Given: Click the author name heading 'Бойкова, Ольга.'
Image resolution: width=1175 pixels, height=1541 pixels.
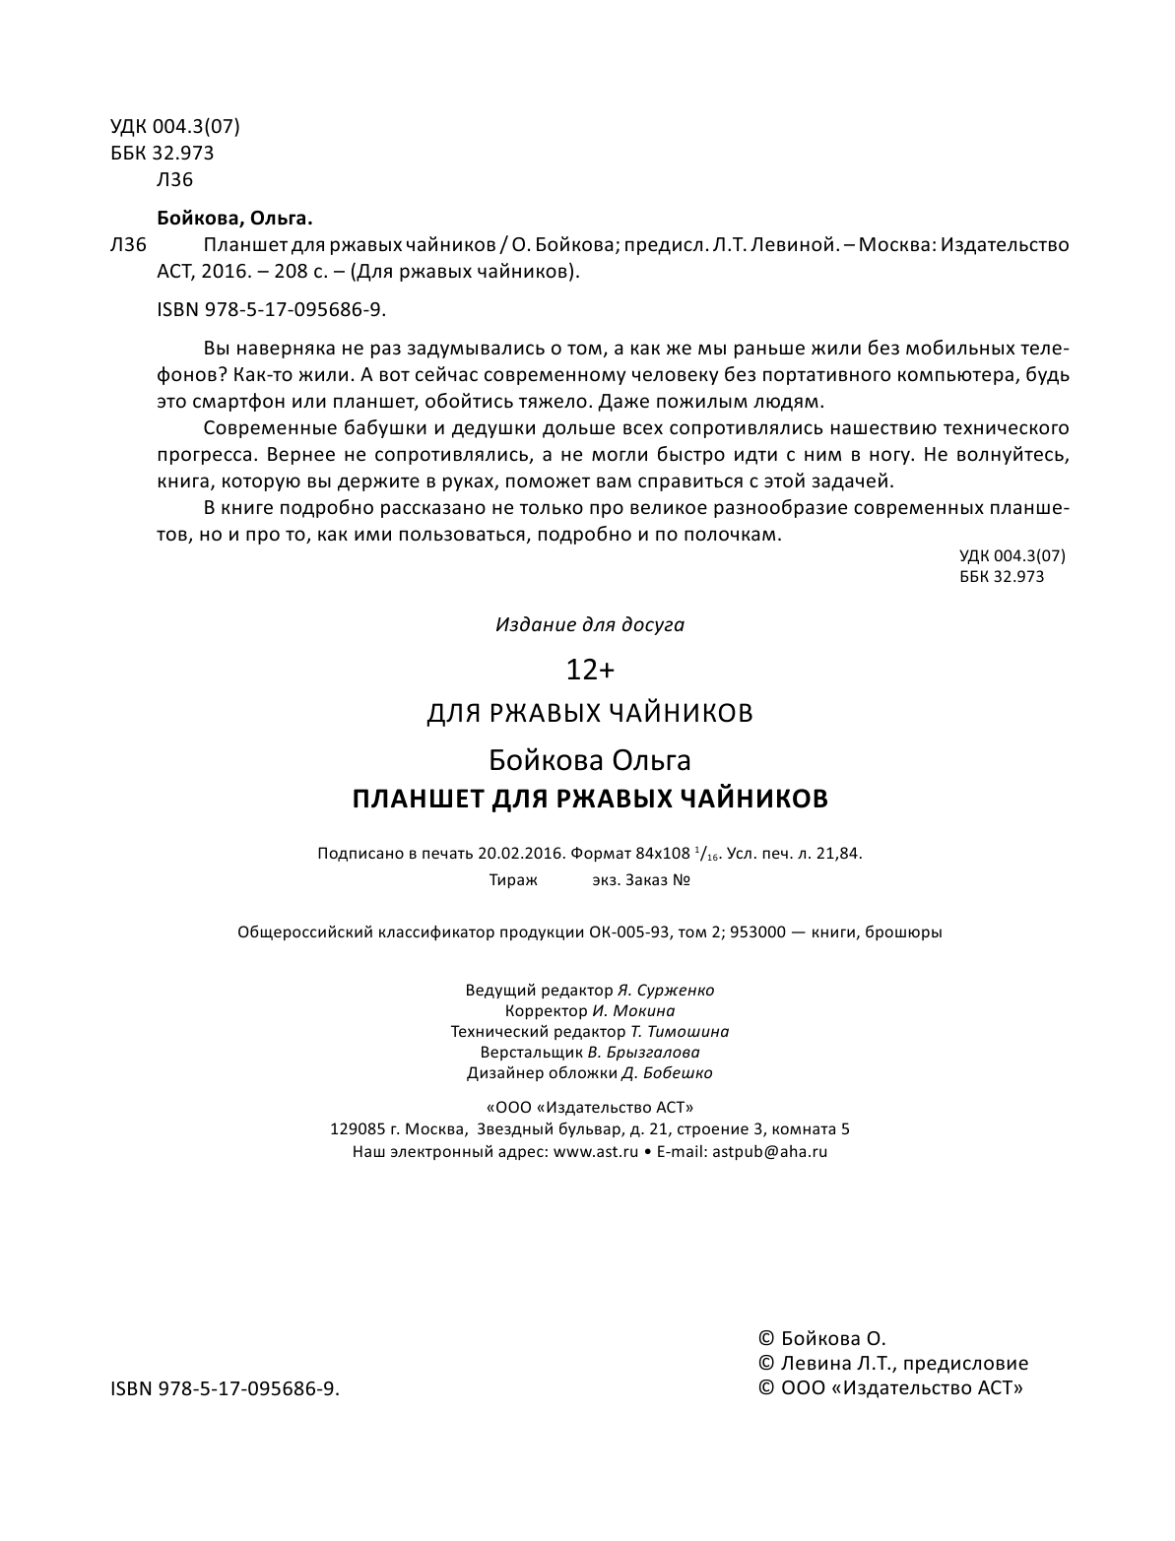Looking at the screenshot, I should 233,218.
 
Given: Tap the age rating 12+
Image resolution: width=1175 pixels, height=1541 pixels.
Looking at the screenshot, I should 589,671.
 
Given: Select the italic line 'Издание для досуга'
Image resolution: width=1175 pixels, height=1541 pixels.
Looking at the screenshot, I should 589,624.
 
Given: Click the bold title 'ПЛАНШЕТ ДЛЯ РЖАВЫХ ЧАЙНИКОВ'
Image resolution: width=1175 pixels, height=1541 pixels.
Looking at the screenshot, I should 590,799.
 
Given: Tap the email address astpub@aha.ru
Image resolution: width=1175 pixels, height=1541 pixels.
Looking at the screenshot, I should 769,1151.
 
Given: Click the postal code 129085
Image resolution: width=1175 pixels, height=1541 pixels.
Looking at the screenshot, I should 359,1129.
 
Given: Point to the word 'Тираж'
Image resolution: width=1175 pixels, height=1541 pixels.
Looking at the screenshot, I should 513,880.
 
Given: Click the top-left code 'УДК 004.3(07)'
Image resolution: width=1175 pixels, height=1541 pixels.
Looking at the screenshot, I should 175,127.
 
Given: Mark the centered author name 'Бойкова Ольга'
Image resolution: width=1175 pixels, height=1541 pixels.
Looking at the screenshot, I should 589,760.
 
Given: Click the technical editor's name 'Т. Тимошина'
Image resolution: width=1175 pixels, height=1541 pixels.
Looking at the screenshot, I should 680,1031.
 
